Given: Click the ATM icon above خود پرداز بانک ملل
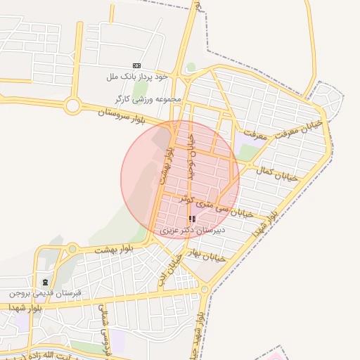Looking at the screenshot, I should [x=136, y=65].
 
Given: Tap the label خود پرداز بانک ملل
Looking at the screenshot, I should [x=136, y=75].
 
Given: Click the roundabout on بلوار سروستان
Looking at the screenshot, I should [x=72, y=106].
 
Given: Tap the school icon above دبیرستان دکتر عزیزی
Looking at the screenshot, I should [x=192, y=219].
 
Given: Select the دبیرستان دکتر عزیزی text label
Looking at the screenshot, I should [x=192, y=230].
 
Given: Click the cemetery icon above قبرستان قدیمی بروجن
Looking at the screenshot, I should [x=46, y=282].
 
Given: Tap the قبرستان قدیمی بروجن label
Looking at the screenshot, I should [x=45, y=292].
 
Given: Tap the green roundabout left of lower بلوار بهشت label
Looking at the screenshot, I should [x=72, y=248].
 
